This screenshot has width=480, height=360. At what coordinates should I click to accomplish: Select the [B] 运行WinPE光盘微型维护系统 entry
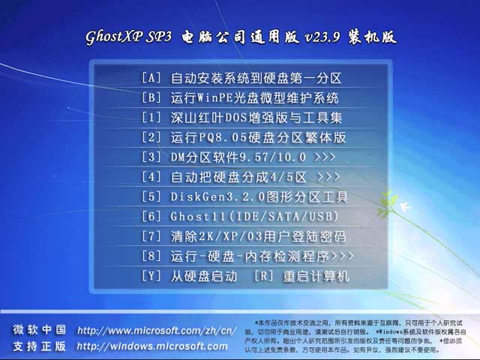240,97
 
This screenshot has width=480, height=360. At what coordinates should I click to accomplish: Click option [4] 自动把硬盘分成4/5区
240,177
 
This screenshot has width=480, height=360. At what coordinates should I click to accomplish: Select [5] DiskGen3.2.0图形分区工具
244,197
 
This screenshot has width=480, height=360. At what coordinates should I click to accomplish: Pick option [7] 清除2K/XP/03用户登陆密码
243,237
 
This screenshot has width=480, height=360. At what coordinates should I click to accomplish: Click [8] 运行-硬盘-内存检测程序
247,256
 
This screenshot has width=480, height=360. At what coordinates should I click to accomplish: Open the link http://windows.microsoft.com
152,346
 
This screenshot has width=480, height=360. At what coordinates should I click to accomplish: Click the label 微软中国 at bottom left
39,331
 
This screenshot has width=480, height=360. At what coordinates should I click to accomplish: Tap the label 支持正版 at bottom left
39,346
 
